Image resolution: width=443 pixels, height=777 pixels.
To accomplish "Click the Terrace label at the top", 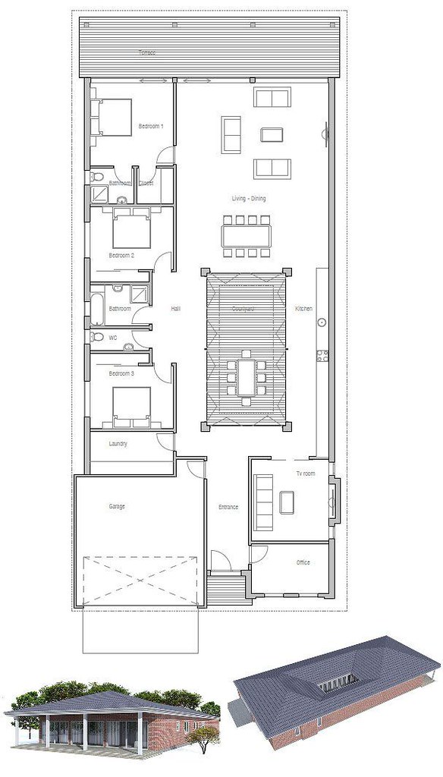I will [147, 52].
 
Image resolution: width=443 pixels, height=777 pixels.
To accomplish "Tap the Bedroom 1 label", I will [150, 126].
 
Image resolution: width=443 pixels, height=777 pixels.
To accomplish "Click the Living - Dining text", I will [249, 199].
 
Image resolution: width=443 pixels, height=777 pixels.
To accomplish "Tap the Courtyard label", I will [243, 309].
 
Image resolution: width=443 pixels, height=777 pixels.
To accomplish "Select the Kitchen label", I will [303, 309].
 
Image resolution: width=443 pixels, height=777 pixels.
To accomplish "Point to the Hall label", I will [175, 309].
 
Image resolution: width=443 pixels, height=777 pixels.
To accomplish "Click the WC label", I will [113, 337].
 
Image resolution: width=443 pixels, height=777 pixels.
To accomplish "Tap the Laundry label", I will [118, 443].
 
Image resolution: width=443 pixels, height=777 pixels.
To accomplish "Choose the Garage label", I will [116, 506].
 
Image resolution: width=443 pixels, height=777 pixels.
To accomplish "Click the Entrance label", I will [228, 507].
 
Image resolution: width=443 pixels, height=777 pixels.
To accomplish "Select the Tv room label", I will [305, 473].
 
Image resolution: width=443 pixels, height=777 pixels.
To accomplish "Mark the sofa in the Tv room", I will [264, 502].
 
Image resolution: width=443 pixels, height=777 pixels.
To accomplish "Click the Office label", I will [303, 562].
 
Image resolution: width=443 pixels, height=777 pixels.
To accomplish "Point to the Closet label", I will [146, 183].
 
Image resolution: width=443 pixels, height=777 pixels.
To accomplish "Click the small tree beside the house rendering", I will [206, 740].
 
